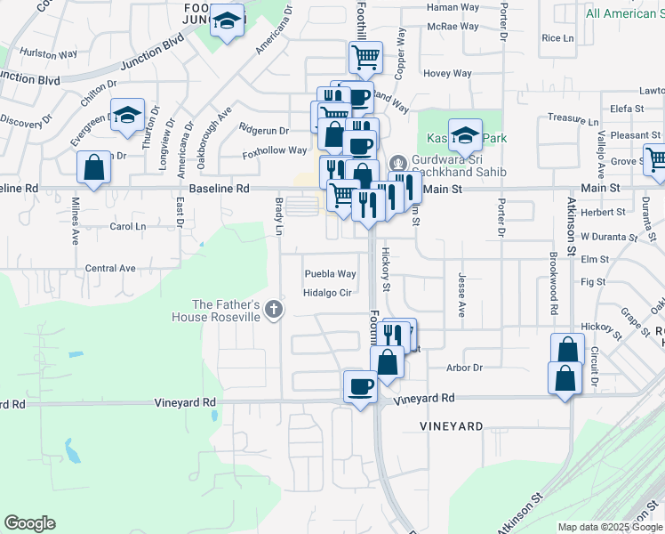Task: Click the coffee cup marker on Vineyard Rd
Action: [x=360, y=387]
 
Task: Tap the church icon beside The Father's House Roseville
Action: [x=275, y=310]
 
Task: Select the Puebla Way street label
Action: [x=330, y=274]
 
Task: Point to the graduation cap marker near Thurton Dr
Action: [x=128, y=115]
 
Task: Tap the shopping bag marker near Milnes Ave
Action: [x=93, y=167]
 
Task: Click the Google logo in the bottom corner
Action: [x=29, y=523]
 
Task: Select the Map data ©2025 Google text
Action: [x=609, y=527]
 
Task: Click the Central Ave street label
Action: [x=110, y=268]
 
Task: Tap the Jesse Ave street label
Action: [x=461, y=295]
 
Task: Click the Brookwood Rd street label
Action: [x=553, y=284]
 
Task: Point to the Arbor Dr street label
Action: [x=464, y=368]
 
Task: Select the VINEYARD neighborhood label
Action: [x=452, y=427]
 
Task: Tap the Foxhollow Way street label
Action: [x=276, y=152]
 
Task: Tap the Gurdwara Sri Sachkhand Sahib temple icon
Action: [x=397, y=163]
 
